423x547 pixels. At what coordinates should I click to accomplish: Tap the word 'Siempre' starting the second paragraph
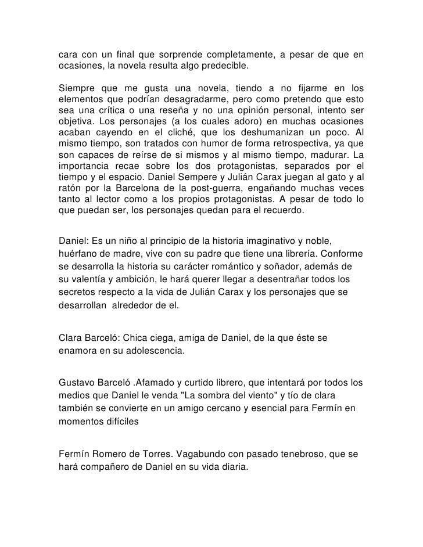(x=77, y=88)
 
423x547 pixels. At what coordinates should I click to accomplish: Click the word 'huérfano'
(x=79, y=254)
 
